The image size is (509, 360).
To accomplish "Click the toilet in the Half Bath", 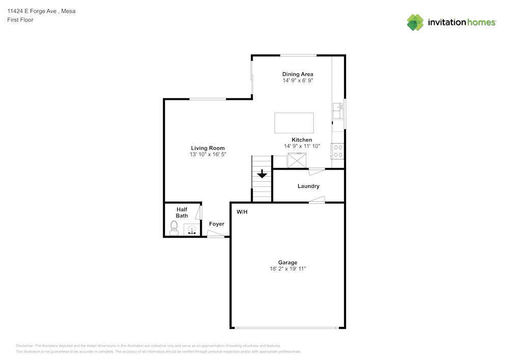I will coord(174,228).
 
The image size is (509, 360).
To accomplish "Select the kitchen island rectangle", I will coord(294,123).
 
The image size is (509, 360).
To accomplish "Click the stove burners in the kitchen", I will coord(337,151).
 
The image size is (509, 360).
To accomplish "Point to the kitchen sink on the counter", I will coord(337,110).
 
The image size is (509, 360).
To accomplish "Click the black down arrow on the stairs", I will coord(262,174).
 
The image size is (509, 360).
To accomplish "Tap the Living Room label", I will coord(208,148).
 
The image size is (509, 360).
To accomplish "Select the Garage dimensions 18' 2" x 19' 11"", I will coord(288,269).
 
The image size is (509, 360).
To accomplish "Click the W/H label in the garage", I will coord(242,211).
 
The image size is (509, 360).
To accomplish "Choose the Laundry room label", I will coord(308,186).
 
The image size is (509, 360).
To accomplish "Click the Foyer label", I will coord(216,224).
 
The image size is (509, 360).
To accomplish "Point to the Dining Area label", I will coord(298,74).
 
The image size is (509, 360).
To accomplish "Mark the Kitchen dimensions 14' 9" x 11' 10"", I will coord(302,146).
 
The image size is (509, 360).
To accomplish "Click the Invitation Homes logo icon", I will coord(415,22).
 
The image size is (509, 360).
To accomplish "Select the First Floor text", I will coord(20,20).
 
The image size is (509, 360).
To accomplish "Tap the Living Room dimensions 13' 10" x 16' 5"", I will coord(208,154).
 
